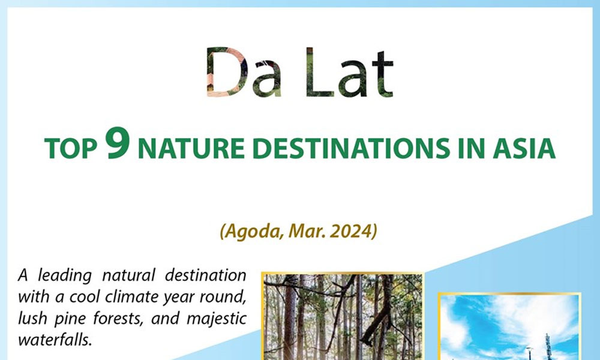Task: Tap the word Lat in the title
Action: coord(349,73)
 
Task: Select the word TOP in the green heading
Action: coord(71,148)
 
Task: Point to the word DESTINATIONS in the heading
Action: coord(351,148)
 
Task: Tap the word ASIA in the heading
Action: coord(524,148)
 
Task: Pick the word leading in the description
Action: coord(65,276)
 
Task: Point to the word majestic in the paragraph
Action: coord(216,319)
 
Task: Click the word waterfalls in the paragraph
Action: coord(55,340)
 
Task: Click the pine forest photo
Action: coord(343,316)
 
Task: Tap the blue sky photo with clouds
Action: coord(509,327)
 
